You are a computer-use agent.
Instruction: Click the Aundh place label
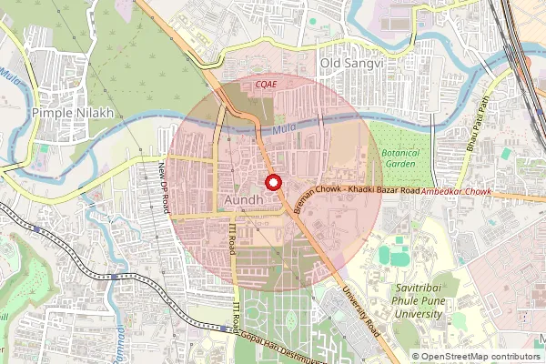[243, 198]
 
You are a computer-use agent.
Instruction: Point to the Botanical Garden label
[400, 159]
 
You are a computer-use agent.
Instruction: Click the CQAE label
[266, 83]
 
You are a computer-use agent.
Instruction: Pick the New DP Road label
[165, 187]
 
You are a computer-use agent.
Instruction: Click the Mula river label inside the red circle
[284, 136]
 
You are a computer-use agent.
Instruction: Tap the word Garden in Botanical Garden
[400, 166]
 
